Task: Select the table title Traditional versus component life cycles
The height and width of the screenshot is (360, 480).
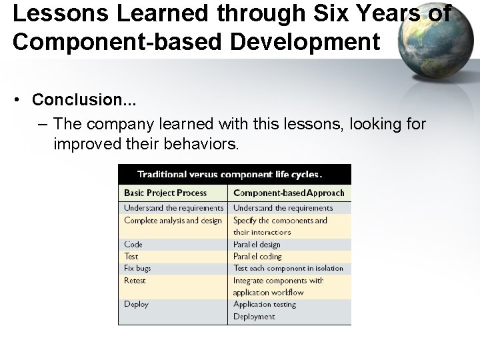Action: pos(229,175)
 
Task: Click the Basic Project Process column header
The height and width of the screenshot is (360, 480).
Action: pos(165,193)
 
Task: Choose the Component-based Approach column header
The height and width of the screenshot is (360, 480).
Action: pos(289,193)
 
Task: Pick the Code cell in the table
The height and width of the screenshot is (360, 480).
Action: pos(133,245)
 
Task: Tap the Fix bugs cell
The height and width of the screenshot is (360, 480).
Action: pos(137,268)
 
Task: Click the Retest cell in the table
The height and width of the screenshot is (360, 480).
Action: pos(135,281)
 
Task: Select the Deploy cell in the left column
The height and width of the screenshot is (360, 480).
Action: pos(136,305)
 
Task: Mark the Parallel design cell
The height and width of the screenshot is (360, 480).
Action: pos(257,245)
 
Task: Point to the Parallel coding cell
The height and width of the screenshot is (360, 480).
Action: pos(257,257)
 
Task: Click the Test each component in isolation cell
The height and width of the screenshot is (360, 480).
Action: pos(288,268)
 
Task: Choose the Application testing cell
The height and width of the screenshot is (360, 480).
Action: pos(265,305)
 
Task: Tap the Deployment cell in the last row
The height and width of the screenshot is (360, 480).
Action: pos(254,317)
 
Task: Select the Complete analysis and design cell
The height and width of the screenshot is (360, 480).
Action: pos(173,221)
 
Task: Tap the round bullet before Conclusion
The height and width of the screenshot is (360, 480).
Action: pos(21,101)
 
